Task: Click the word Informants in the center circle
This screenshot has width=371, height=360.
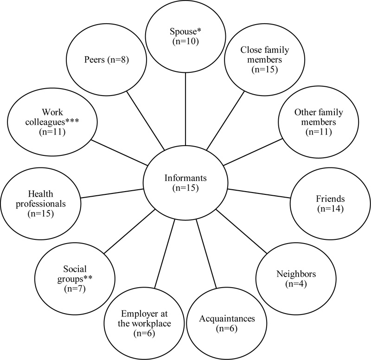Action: [185, 178]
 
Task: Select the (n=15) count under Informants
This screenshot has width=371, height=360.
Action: [185, 189]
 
